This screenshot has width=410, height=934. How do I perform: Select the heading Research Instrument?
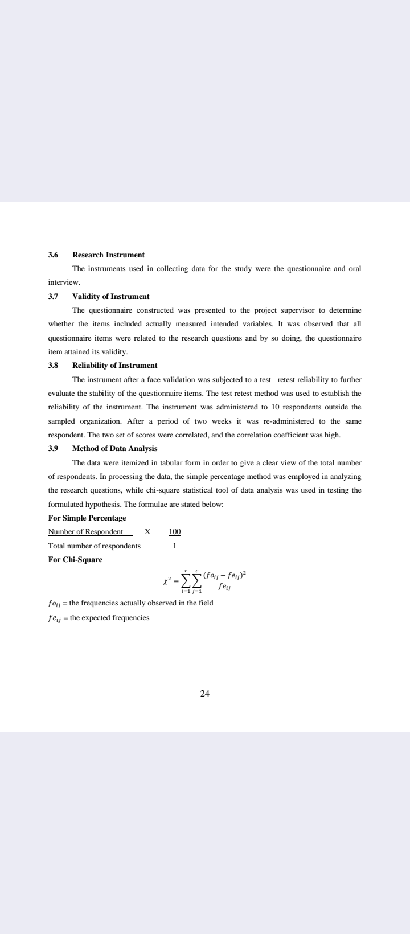click(x=108, y=255)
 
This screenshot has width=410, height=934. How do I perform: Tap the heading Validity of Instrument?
click(x=110, y=296)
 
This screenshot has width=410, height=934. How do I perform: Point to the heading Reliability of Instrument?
click(x=114, y=365)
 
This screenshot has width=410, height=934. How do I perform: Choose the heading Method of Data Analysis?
click(x=114, y=448)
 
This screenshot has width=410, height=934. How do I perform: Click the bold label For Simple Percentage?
click(x=87, y=518)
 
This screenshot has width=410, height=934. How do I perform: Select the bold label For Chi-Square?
click(x=75, y=559)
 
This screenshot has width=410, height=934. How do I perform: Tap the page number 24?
click(x=205, y=693)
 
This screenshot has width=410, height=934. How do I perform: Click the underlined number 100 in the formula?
click(x=174, y=532)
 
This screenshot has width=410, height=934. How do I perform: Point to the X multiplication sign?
click(x=147, y=532)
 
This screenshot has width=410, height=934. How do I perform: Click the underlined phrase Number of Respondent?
click(x=85, y=532)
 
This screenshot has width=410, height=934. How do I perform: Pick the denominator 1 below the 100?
click(x=175, y=546)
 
